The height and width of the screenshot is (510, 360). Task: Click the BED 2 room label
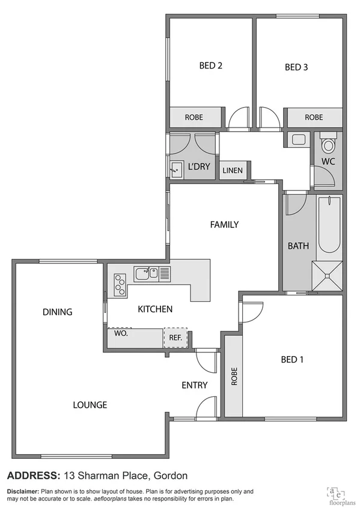pyautogui.click(x=211, y=67)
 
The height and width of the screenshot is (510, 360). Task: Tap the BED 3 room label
pyautogui.click(x=296, y=67)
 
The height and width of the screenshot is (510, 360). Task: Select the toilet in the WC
pyautogui.click(x=328, y=145)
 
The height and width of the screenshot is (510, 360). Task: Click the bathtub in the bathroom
pyautogui.click(x=329, y=224)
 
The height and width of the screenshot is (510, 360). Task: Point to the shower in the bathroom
pyautogui.click(x=328, y=277)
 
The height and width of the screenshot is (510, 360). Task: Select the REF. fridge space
pyautogui.click(x=175, y=338)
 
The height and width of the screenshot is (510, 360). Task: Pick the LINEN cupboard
pyautogui.click(x=233, y=171)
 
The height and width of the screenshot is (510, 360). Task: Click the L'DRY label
pyautogui.click(x=199, y=167)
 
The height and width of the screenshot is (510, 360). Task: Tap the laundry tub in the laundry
pyautogui.click(x=177, y=169)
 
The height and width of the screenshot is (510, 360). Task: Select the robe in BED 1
pyautogui.click(x=233, y=376)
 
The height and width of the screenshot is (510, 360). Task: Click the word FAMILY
pyautogui.click(x=224, y=225)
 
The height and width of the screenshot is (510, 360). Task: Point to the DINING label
pyautogui.click(x=58, y=312)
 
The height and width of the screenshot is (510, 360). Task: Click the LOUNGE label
pyautogui.click(x=90, y=405)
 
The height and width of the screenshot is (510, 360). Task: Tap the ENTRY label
pyautogui.click(x=194, y=386)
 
